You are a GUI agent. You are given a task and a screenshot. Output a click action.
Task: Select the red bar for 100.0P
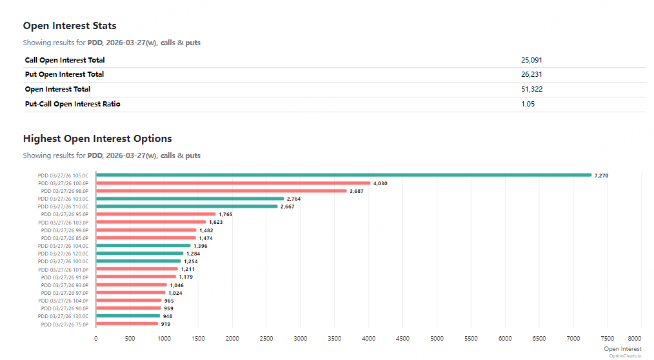tap(233, 183)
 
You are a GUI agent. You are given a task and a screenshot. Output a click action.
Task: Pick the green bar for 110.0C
tap(186, 206)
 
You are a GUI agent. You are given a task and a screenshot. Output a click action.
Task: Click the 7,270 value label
tap(601, 175)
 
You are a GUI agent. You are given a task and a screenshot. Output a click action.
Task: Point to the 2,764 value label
tap(293, 199)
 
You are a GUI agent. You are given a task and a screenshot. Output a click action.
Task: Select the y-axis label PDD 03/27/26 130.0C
tap(63, 316)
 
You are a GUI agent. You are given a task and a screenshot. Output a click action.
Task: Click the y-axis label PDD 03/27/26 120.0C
tap(63, 254)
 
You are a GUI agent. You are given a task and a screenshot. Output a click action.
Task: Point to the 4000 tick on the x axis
tap(369, 338)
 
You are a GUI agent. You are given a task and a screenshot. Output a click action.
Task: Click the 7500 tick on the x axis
tap(608, 338)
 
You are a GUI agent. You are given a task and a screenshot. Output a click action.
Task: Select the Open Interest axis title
tap(622, 349)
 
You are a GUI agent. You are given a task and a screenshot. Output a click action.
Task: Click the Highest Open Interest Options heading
tap(97, 139)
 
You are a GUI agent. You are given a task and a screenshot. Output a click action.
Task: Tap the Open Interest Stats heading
tap(70, 26)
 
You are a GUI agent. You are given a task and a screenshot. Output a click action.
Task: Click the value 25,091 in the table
tap(531, 60)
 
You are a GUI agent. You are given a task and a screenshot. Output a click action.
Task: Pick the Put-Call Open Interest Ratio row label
tap(72, 104)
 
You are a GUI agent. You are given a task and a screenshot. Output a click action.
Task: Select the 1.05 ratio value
tap(528, 104)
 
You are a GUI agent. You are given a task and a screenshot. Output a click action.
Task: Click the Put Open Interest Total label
tap(64, 74)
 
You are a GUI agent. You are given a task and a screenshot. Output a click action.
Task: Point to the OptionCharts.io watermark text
tap(626, 355)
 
